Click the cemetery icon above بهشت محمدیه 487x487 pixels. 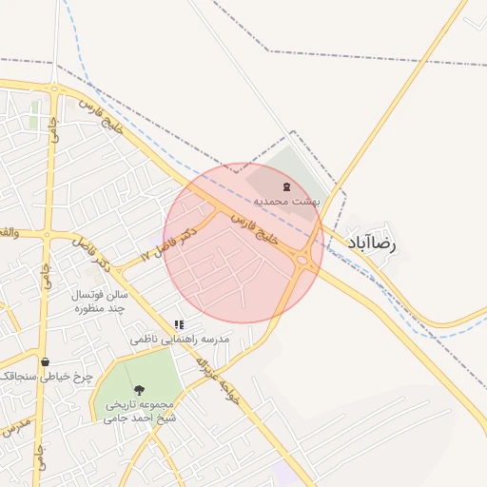pyautogui.click(x=287, y=185)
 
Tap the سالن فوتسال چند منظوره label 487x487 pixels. pyautogui.click(x=100, y=302)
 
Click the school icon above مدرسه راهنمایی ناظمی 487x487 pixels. pyautogui.click(x=179, y=324)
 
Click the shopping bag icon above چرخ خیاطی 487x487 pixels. pyautogui.click(x=45, y=361)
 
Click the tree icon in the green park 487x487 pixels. pyautogui.click(x=140, y=389)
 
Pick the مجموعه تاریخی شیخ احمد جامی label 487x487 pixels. pyautogui.click(x=141, y=411)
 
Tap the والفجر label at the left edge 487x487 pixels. pyautogui.click(x=8, y=232)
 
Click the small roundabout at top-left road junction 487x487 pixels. pyautogui.click(x=55, y=90)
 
